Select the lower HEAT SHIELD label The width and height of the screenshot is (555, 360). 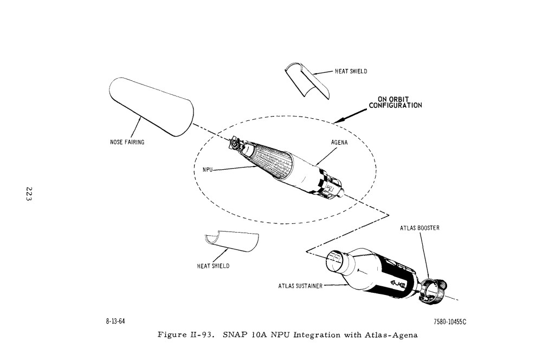pyautogui.click(x=213, y=266)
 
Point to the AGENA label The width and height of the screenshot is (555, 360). pyautogui.click(x=339, y=143)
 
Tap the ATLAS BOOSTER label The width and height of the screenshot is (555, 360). pyautogui.click(x=420, y=228)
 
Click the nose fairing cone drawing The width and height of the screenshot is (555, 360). pyautogui.click(x=151, y=106)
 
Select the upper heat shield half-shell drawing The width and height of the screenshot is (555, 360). pyautogui.click(x=306, y=81)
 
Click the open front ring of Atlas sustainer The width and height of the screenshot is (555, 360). pyautogui.click(x=337, y=262)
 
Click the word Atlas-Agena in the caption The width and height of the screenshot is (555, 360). pyautogui.click(x=392, y=335)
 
